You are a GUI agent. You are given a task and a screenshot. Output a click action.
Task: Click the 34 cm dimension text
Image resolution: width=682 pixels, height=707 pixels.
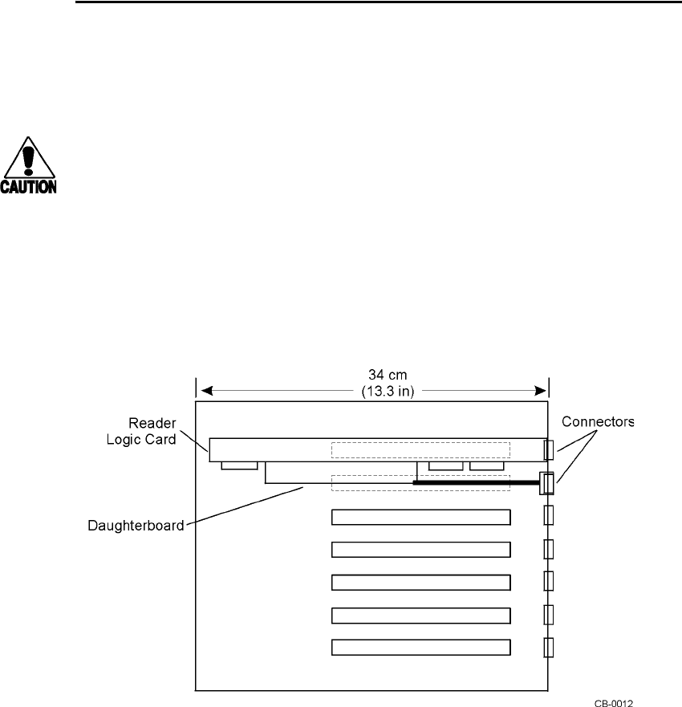pos(373,376)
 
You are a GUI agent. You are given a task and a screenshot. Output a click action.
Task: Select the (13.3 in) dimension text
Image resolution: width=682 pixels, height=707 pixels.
pos(373,391)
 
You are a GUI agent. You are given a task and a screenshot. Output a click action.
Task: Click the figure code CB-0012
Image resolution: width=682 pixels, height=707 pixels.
pos(614,701)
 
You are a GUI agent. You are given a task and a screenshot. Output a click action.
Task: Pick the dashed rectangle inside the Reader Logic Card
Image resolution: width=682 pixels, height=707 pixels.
pos(420,450)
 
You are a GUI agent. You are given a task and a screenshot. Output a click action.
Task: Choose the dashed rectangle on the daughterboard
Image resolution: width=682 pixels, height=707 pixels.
pos(420,483)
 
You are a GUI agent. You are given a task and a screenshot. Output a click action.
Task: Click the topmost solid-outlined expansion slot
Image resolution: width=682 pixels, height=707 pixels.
pos(421,516)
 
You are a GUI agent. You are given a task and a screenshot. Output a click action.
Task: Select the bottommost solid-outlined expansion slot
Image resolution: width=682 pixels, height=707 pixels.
pos(421,647)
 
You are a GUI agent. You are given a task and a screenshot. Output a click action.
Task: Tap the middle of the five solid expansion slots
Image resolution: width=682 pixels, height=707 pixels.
pos(421,582)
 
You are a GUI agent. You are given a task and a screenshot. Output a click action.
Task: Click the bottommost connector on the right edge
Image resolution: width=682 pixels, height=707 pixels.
pos(549,648)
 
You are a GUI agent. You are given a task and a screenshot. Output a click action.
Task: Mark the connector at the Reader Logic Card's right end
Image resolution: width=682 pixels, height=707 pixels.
pos(549,449)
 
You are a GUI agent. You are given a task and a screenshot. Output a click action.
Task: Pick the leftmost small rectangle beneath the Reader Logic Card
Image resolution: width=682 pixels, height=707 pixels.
pos(239,465)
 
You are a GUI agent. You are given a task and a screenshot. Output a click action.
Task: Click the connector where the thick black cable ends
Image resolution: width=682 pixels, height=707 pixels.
pos(548,483)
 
